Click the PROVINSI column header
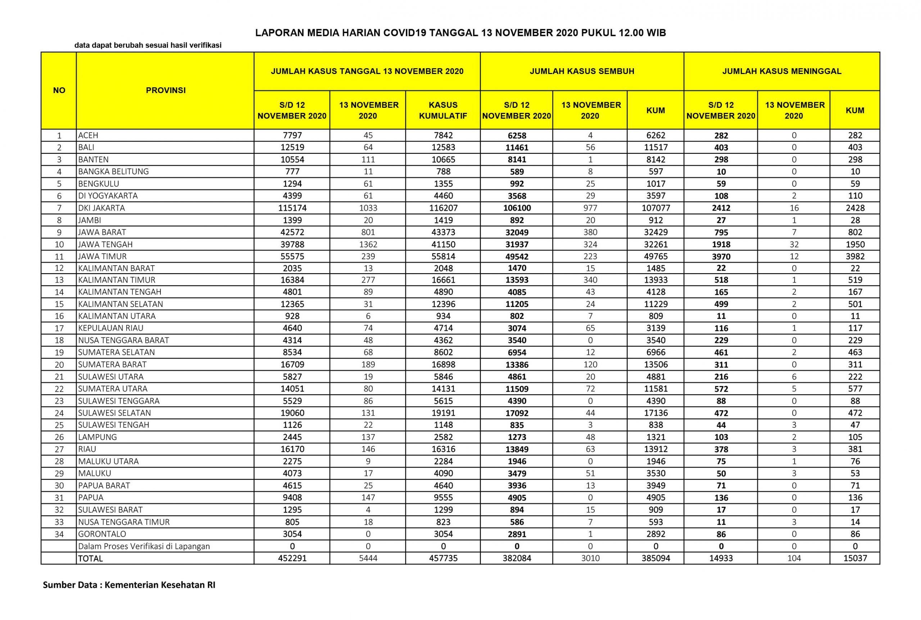click(x=165, y=90)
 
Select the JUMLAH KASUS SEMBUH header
click(x=581, y=71)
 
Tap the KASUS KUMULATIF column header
click(x=443, y=110)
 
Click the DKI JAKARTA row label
click(x=101, y=208)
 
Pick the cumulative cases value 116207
click(x=443, y=208)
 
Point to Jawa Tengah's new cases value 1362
click(x=368, y=244)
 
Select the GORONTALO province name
click(x=102, y=534)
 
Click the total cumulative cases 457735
click(x=443, y=558)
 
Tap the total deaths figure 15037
click(x=854, y=558)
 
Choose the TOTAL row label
click(x=90, y=558)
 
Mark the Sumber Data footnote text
click(x=129, y=585)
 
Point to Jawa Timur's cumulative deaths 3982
click(x=854, y=256)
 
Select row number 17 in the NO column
click(x=59, y=328)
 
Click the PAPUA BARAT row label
click(x=104, y=486)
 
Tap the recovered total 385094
click(x=655, y=558)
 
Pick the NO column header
click(x=59, y=90)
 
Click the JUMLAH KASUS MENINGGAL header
click(x=781, y=71)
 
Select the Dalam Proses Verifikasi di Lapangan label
click(x=144, y=546)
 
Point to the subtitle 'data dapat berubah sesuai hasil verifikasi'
click(x=148, y=45)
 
